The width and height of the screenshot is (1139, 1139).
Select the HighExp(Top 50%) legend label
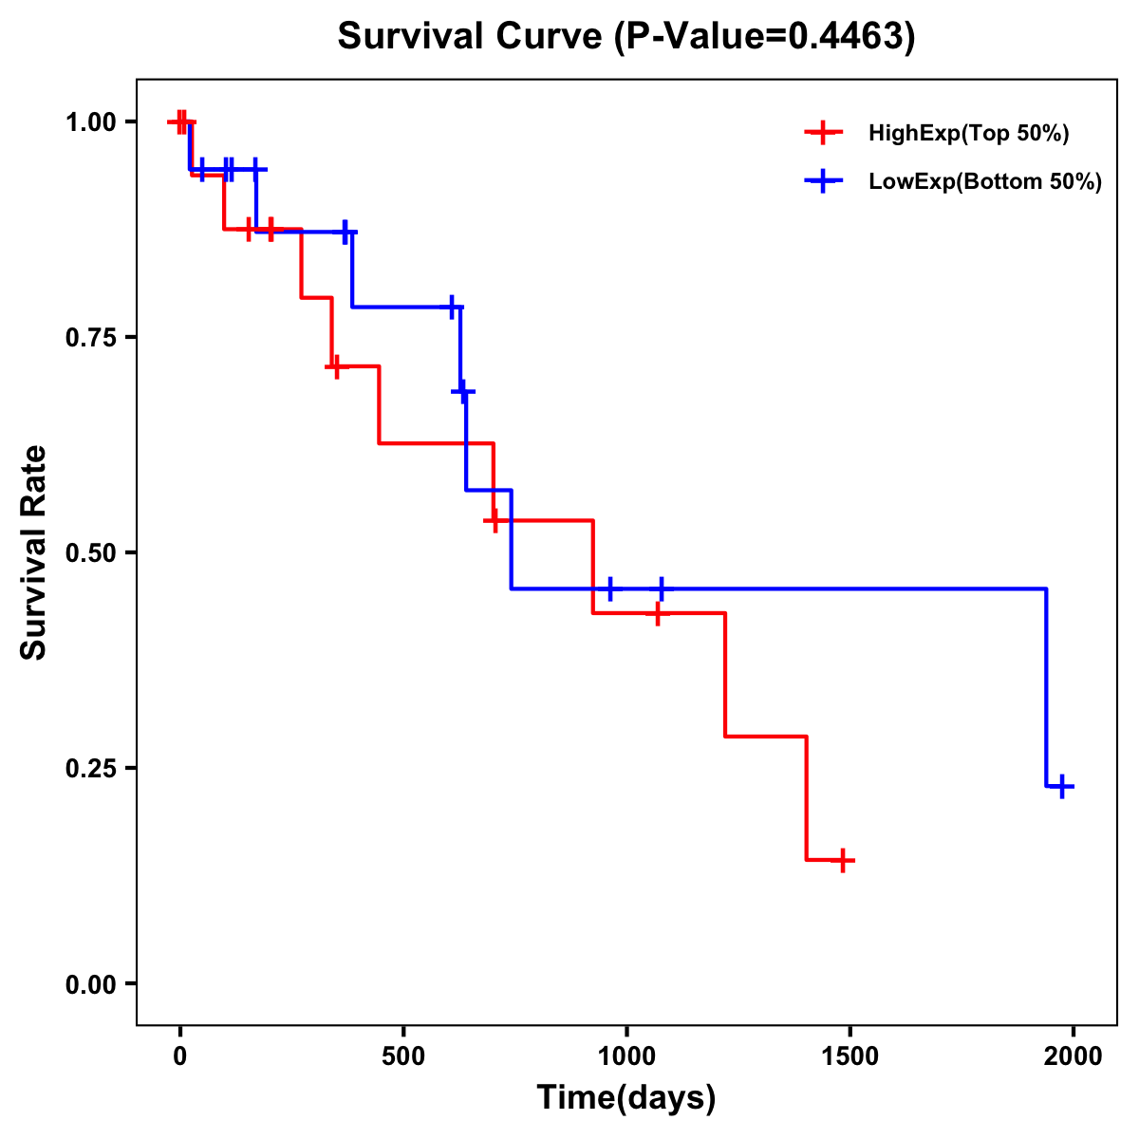pos(968,134)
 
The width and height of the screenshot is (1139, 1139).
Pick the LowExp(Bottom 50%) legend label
pos(985,182)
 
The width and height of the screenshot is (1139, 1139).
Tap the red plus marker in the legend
pos(823,133)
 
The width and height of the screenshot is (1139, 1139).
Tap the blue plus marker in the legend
pos(823,181)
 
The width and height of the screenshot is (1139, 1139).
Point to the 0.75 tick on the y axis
pos(90,338)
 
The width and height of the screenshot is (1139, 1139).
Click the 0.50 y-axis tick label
pos(90,553)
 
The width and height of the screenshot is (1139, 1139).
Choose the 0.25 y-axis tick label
pos(90,769)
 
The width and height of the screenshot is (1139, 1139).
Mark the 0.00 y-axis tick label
pos(90,984)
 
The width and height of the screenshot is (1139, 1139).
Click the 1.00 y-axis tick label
pos(90,122)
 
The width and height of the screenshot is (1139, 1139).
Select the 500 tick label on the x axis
pos(403,1056)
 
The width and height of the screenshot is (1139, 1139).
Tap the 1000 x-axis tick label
pos(626,1056)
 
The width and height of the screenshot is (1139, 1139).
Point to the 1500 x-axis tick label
pos(850,1056)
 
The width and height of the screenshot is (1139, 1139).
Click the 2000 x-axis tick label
pos(1074,1056)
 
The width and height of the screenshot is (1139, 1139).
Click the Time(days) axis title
pos(626,1098)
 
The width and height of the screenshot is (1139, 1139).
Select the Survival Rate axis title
pos(34,552)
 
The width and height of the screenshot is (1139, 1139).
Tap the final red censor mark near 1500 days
pos(842,860)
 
